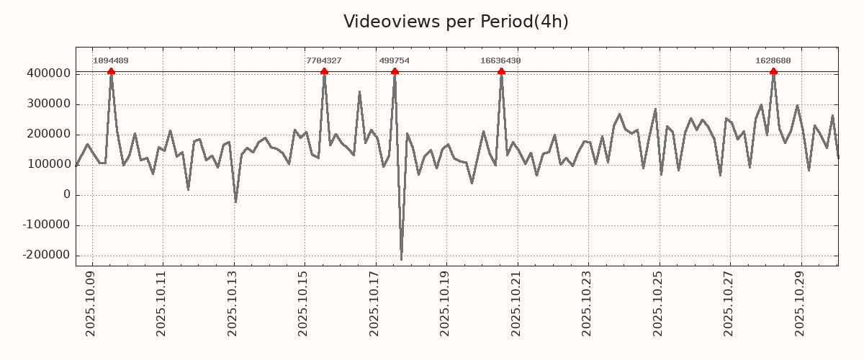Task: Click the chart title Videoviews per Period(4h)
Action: tap(456, 22)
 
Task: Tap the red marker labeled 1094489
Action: tap(111, 71)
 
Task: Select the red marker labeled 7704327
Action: tap(324, 71)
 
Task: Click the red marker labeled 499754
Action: tap(395, 71)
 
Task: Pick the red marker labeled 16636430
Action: tap(501, 71)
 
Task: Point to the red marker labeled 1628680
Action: tap(773, 71)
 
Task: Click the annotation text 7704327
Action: tap(324, 61)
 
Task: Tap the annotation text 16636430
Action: tap(500, 61)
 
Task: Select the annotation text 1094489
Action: tap(111, 61)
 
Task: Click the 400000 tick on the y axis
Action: tap(48, 73)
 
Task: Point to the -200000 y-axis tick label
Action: tap(46, 255)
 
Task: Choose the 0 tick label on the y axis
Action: tap(67, 194)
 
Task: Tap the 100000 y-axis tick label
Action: tap(48, 164)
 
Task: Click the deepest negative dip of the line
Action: tap(401, 259)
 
